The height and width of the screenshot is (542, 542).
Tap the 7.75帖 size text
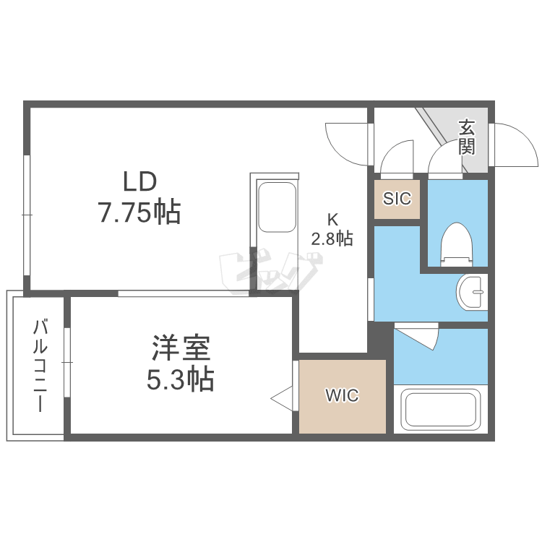[x=138, y=212]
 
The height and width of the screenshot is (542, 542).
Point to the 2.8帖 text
[x=332, y=238]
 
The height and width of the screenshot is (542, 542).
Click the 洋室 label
[x=181, y=348]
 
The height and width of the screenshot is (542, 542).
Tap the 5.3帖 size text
[x=181, y=379]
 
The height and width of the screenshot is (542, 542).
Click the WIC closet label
[x=342, y=396]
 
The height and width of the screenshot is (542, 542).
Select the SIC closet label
[x=397, y=198]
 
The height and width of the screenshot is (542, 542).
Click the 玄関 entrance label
[x=467, y=137]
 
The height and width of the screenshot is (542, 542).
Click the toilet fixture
[x=455, y=243]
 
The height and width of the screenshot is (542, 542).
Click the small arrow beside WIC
[x=282, y=397]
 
